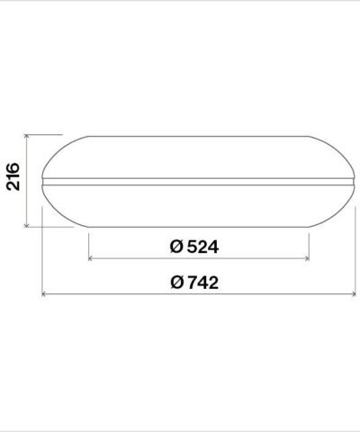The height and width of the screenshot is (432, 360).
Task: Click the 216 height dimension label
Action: coord(13,180)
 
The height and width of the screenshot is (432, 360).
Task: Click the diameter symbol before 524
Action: coord(175,246)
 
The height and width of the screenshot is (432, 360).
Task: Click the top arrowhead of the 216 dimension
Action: coord(31,138)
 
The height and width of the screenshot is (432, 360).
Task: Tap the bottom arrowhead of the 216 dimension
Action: coord(31,224)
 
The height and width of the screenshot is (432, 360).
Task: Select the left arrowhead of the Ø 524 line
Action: coord(91,258)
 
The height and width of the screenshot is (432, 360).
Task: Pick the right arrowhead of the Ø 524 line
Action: coord(307,258)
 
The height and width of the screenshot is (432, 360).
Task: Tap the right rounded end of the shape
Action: coord(352,181)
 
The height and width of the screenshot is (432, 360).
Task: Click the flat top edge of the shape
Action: coord(198,136)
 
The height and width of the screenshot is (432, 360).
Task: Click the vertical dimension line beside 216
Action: coord(31,180)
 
